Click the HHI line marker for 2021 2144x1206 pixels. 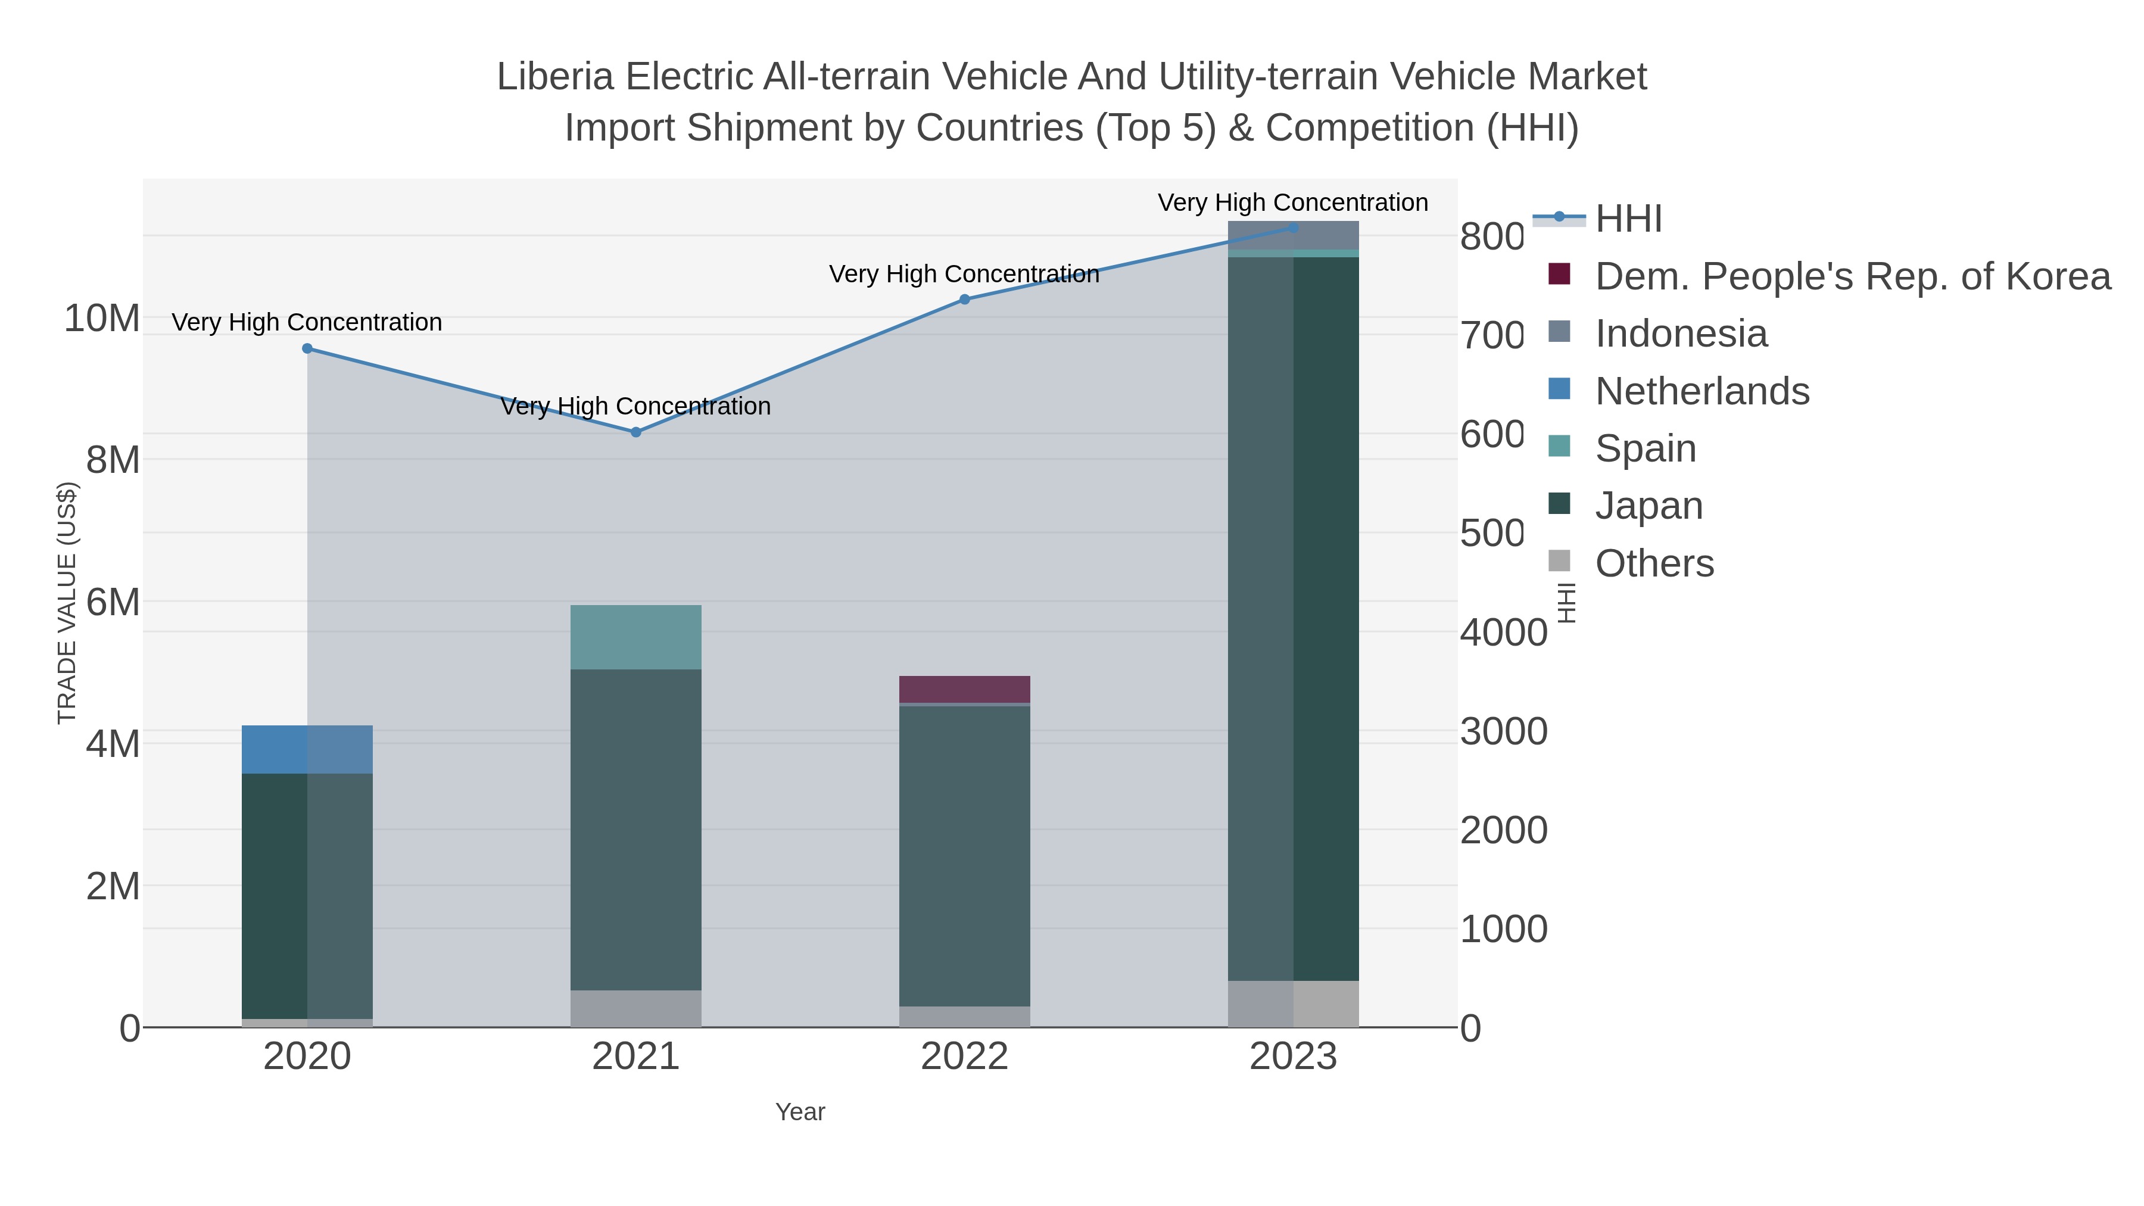click(636, 432)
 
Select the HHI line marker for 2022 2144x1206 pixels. click(965, 300)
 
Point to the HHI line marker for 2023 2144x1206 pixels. click(1294, 228)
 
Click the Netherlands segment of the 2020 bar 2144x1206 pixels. click(307, 749)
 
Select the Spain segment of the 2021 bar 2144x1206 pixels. click(636, 637)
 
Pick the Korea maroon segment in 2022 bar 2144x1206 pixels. click(965, 689)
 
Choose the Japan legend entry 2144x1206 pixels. click(1648, 506)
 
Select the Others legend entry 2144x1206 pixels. click(1654, 563)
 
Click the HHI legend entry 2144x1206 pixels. click(1628, 219)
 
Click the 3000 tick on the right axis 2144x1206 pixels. click(1503, 731)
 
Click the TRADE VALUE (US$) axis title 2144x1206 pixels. click(67, 603)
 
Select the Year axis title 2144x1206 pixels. click(800, 1112)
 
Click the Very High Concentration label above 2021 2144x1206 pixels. click(636, 406)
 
